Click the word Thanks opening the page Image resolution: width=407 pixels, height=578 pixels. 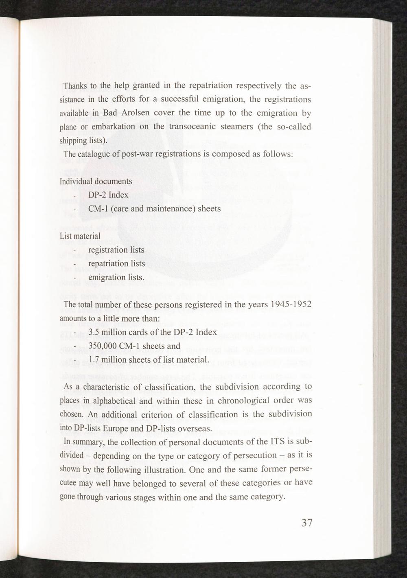point(73,86)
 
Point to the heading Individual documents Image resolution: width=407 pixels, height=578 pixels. point(96,181)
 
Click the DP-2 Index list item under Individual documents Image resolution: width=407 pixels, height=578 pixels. point(108,195)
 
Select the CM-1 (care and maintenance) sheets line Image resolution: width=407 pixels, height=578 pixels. point(154,209)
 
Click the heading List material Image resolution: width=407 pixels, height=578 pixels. point(80,236)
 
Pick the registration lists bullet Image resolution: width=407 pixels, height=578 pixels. point(116,250)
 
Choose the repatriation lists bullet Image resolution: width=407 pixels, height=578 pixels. point(116,264)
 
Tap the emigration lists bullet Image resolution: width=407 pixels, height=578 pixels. point(116,278)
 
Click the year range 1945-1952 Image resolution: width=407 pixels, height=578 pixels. point(288,305)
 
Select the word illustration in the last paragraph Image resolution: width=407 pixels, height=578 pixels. point(161,470)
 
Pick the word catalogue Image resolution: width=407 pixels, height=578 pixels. point(97,154)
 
